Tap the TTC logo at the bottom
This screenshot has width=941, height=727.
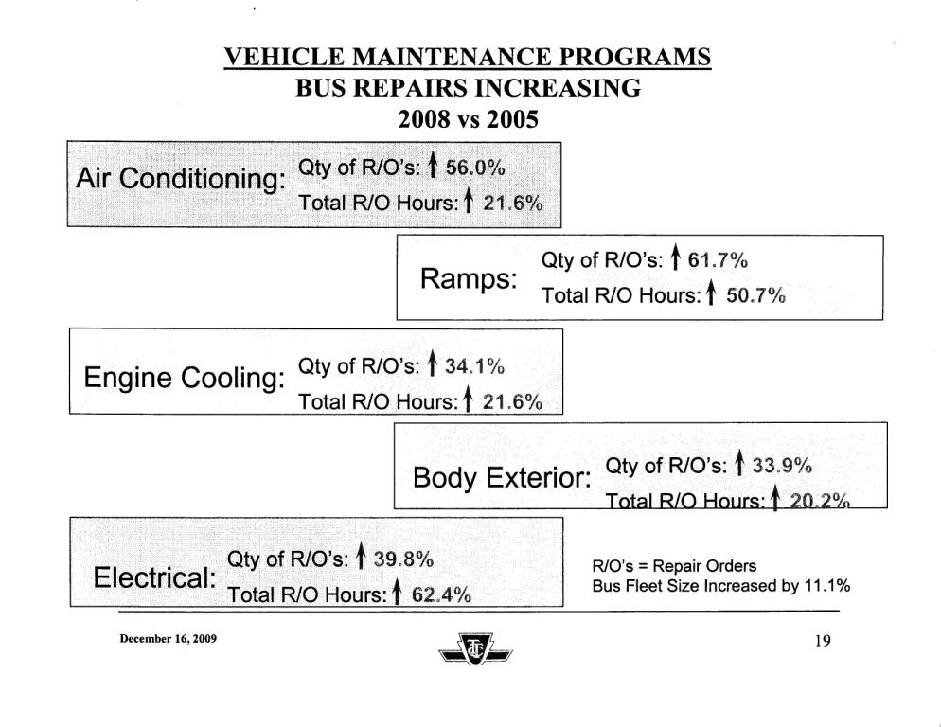[470, 652]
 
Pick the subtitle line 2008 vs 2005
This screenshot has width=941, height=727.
[467, 120]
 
